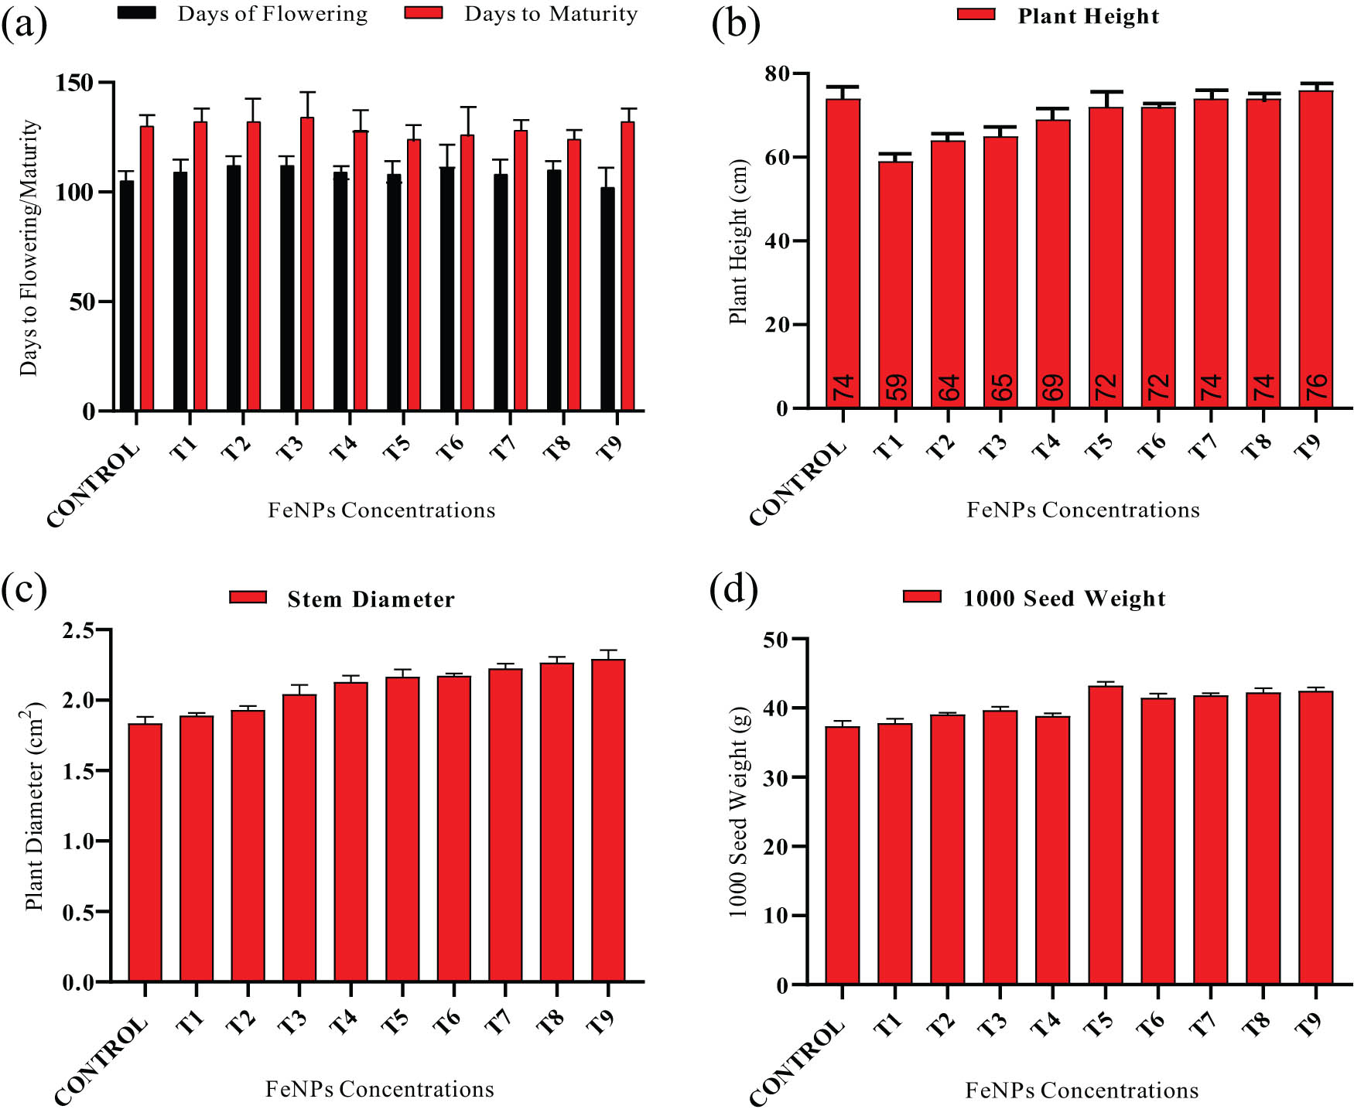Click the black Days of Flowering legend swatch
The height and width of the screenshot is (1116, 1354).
pos(137,13)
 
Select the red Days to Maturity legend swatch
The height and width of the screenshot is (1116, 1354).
pos(423,13)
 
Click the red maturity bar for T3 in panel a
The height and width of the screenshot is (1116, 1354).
pos(307,263)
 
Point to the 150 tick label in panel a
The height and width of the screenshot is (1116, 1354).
pos(74,83)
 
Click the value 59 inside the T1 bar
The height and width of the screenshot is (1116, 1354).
pos(896,387)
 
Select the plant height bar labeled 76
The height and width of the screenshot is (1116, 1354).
pos(1316,247)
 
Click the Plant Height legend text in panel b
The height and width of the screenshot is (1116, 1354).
pos(1088,16)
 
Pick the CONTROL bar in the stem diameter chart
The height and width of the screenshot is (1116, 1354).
pos(145,851)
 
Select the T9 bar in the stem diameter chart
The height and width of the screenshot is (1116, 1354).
pos(608,820)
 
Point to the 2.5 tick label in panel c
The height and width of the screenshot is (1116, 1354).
pos(78,630)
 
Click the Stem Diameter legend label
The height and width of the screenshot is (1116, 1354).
pos(371,599)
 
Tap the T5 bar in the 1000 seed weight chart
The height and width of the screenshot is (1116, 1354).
pos(1106,835)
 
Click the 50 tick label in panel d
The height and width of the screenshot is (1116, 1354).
pos(775,640)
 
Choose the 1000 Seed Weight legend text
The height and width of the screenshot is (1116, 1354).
pos(1064,599)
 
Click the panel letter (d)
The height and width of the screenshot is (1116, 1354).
pos(733,589)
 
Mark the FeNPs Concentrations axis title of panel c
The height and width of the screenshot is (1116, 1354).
pos(379,1089)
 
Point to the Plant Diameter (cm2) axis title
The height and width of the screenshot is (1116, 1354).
pos(32,806)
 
